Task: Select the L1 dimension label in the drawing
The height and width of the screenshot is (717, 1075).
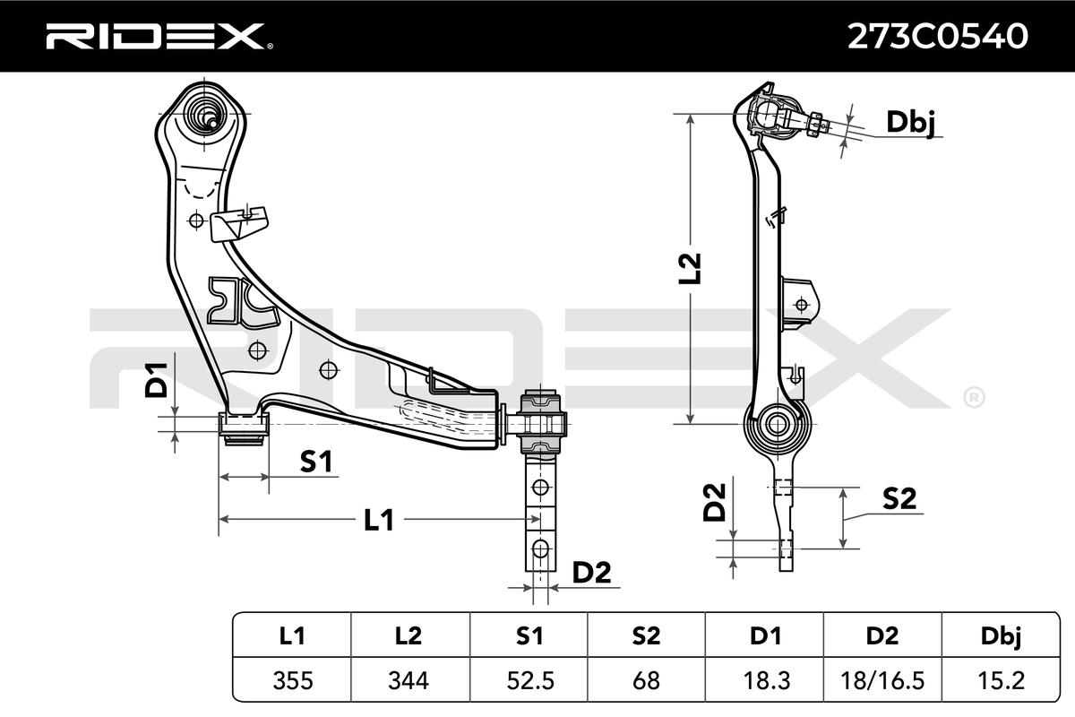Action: coord(379,520)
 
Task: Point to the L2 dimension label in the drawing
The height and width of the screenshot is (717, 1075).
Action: coord(690,270)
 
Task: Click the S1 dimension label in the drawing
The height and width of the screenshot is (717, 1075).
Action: coord(315,462)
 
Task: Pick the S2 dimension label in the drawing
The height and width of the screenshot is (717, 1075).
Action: coord(899,499)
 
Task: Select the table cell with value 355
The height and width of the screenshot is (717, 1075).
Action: coord(292,681)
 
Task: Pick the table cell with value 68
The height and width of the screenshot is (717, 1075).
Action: coord(647,681)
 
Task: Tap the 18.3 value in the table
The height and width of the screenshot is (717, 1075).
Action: coord(765,681)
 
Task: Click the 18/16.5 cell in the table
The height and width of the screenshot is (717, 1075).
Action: coord(883,681)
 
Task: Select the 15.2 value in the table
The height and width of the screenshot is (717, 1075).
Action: coord(1002,681)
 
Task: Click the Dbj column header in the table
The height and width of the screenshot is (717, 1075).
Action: coord(1002,636)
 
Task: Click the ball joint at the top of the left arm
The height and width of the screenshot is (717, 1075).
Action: coord(207,113)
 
